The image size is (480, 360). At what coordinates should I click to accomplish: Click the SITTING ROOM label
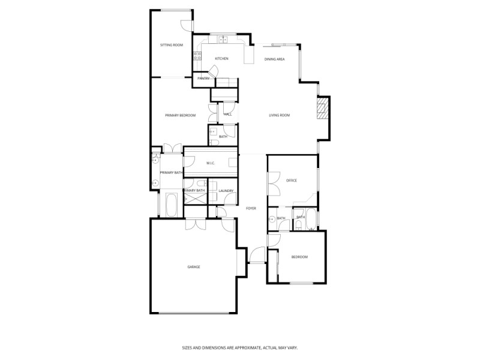171,45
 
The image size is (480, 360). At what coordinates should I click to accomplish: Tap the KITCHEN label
221,58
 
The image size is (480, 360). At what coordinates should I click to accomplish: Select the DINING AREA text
274,59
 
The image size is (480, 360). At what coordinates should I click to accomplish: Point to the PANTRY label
203,78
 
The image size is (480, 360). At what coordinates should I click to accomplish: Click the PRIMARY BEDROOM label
181,115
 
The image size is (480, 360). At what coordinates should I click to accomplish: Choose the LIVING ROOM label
279,115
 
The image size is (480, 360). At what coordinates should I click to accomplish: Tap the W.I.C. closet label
211,163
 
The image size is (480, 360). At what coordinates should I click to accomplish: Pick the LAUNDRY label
226,191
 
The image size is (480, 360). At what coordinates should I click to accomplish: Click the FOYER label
251,208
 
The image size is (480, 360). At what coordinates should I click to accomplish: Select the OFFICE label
292,181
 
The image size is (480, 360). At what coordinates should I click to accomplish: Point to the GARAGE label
193,266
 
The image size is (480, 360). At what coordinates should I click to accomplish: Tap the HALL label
228,114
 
